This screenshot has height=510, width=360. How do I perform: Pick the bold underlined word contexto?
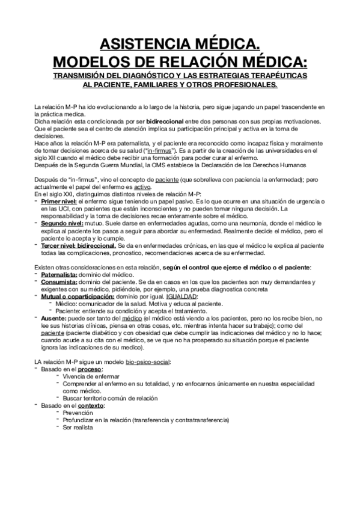pyautogui.click(x=90, y=405)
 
